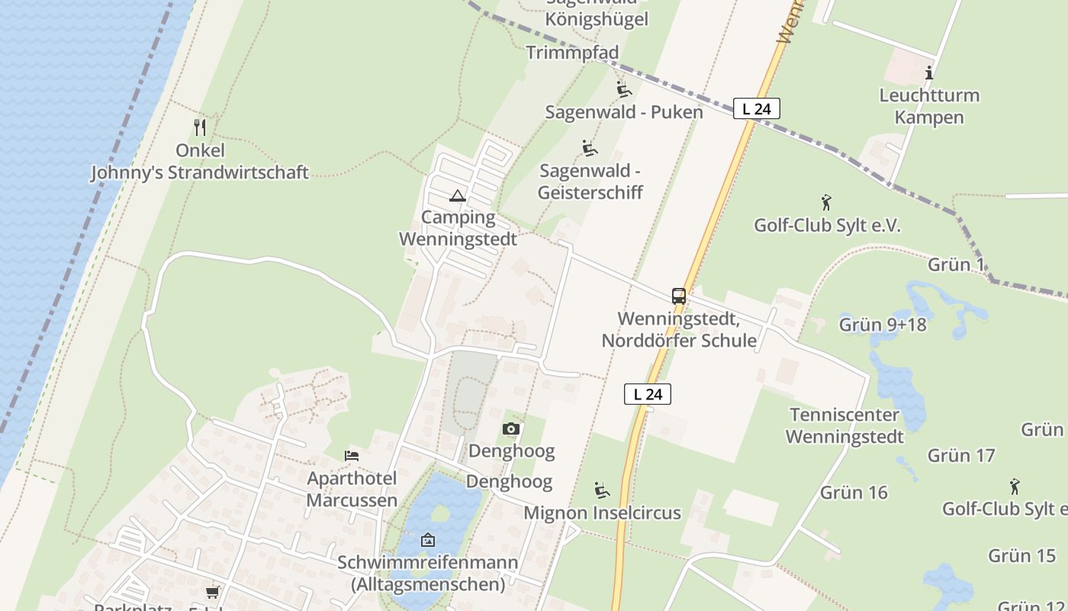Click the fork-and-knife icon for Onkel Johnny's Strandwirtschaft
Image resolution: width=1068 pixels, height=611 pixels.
coord(200,127)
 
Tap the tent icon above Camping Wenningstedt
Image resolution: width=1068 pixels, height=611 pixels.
coord(457,196)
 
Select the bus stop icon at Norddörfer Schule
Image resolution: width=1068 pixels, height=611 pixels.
coord(678,296)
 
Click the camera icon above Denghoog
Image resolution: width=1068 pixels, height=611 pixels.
coord(511,429)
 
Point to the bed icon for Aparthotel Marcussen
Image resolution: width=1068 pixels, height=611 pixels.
coord(352,456)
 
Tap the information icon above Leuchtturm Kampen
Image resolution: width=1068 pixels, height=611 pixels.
coord(929,73)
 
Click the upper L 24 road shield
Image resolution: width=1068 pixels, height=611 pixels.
coord(757,109)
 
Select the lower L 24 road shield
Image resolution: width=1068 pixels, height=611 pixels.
coord(648,394)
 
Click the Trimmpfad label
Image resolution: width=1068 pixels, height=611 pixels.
coord(572,53)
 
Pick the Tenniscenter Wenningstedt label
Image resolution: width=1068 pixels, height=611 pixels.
coord(844,425)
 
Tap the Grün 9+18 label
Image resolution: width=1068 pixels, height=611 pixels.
coord(883,325)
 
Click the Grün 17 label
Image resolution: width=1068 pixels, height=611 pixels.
coord(961,456)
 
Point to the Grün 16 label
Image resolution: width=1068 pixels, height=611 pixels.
coord(854,493)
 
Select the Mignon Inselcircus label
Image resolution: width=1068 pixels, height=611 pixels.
coord(602,512)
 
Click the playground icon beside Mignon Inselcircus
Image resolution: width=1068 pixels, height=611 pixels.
coord(602,490)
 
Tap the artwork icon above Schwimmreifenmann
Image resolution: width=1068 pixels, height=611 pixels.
coord(428,540)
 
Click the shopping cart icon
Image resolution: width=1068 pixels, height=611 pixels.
coord(212,592)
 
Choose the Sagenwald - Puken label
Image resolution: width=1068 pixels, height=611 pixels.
coord(624,112)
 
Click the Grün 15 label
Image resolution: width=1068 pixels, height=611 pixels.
coord(1021,556)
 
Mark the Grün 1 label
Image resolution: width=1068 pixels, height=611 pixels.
coord(955,265)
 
